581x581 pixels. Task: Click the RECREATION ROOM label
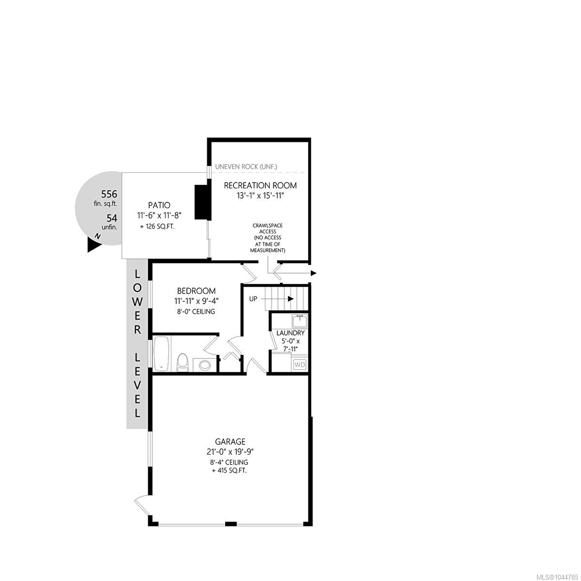click(x=260, y=185)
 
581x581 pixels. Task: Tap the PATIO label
click(x=159, y=205)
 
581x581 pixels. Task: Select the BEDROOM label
click(x=196, y=291)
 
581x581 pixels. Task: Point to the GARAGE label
click(x=230, y=442)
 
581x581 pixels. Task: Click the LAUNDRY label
click(x=290, y=333)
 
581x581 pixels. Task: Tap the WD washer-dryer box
click(x=300, y=365)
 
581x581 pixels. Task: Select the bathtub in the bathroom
click(x=162, y=354)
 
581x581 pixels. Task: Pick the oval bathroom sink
click(x=205, y=365)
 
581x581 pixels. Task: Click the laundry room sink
click(x=300, y=321)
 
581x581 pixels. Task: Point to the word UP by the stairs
click(x=253, y=299)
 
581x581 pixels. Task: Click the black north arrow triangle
click(x=94, y=244)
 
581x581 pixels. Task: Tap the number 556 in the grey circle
click(x=109, y=194)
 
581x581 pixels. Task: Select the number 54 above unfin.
click(x=112, y=218)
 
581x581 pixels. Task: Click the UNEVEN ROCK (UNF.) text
click(x=246, y=167)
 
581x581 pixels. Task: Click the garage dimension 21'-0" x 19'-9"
click(x=230, y=452)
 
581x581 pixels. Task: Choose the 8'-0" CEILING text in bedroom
click(x=196, y=311)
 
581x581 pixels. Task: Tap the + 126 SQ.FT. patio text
click(x=157, y=227)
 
